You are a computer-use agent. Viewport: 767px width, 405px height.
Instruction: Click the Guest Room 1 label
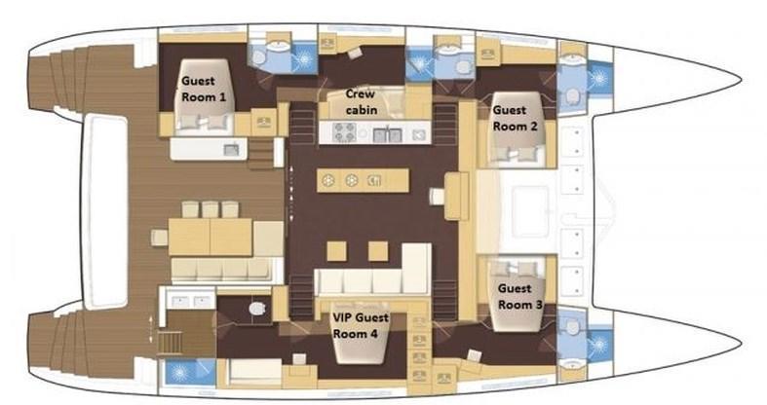pyautogui.click(x=204, y=89)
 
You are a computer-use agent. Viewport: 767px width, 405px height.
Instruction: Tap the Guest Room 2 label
pyautogui.click(x=515, y=118)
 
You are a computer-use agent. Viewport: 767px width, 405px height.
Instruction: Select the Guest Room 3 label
pyautogui.click(x=519, y=297)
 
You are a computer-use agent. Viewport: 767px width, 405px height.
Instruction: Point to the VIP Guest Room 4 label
pyautogui.click(x=361, y=325)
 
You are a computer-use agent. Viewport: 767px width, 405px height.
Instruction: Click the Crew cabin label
pyautogui.click(x=361, y=101)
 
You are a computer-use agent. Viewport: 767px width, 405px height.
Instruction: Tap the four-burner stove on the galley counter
pyautogui.click(x=344, y=131)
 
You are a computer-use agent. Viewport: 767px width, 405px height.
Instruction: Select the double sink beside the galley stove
pyautogui.click(x=388, y=133)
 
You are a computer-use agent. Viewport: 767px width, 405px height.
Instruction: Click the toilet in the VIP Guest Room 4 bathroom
pyautogui.click(x=256, y=309)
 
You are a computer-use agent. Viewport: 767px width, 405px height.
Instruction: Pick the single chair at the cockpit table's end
pyautogui.click(x=160, y=238)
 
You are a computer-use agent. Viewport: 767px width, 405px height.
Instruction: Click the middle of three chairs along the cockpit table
pyautogui.click(x=211, y=209)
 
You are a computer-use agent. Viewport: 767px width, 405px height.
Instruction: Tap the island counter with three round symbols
pyautogui.click(x=363, y=181)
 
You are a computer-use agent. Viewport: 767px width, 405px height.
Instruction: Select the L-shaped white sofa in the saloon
pyautogui.click(x=372, y=271)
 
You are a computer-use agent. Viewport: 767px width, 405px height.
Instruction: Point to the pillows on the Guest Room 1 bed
pyautogui.click(x=205, y=122)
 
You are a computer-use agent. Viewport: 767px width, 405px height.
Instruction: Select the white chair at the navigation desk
pyautogui.click(x=437, y=197)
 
